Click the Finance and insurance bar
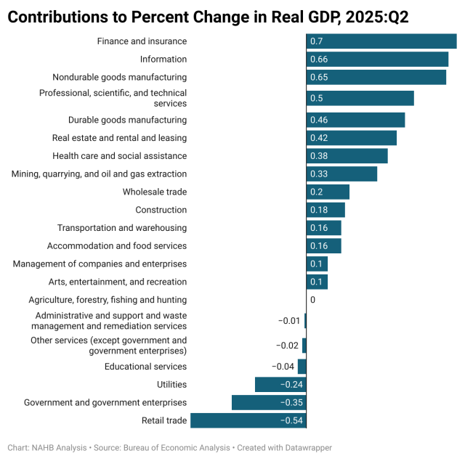click(x=381, y=41)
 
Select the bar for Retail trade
click(x=248, y=420)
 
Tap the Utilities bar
click(x=280, y=385)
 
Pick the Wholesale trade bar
click(x=328, y=192)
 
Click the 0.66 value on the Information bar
click(x=319, y=60)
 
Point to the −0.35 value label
click(x=291, y=402)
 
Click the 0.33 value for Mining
click(x=319, y=174)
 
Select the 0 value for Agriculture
click(x=312, y=300)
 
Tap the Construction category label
click(x=161, y=210)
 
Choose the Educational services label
click(x=145, y=367)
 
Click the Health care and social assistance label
click(x=119, y=156)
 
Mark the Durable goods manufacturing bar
click(x=355, y=120)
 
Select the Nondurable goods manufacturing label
click(x=119, y=77)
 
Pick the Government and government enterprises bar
click(x=269, y=402)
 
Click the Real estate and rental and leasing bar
click(x=352, y=138)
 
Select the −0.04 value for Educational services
click(x=283, y=367)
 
